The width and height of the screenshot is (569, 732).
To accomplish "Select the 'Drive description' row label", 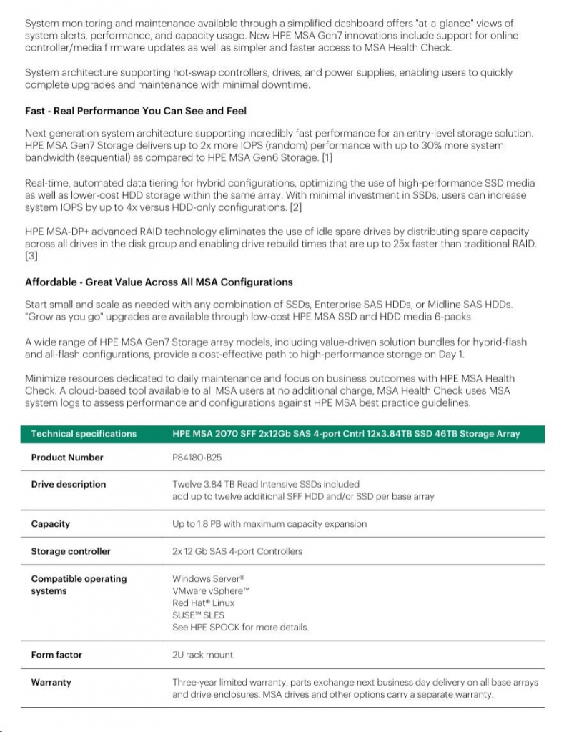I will pos(68,484).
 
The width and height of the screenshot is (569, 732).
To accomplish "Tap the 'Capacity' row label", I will pos(50,524).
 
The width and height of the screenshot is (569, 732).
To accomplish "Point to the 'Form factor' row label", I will pos(56,655).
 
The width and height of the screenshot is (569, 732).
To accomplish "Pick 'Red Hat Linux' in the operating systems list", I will pos(203,603).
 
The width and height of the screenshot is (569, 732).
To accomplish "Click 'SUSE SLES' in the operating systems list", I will pos(198,615).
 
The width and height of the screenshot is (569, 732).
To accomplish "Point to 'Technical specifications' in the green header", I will pos(84,434).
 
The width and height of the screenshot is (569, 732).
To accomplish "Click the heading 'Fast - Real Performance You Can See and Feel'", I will pos(136,112).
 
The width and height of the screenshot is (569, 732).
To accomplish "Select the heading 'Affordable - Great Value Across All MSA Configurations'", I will pos(159,282).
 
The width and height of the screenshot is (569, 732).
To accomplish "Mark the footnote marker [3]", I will pos(31,256).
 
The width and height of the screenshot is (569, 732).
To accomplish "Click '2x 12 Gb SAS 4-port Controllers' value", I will pos(237,551).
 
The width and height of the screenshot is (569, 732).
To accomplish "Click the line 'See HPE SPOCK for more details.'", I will pos(240,627).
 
